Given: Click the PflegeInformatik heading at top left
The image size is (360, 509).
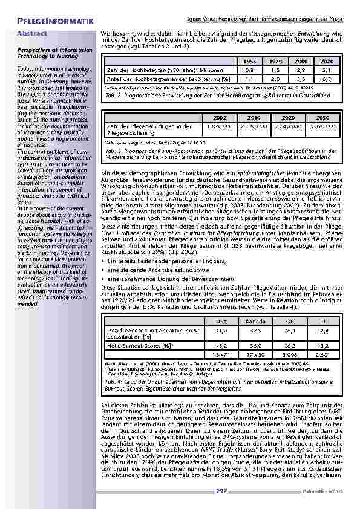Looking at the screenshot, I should click(51, 22).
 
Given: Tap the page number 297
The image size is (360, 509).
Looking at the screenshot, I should click(221, 491).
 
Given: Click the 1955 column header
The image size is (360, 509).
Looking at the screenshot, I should click(249, 62).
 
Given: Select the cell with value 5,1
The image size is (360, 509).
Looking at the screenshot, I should click(327, 71).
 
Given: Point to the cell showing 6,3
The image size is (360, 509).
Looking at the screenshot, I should click(327, 79).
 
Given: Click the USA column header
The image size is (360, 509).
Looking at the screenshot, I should click(221, 322).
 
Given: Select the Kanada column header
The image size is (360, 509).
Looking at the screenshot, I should click(257, 322).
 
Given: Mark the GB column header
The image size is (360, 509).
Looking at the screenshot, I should click(292, 322).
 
